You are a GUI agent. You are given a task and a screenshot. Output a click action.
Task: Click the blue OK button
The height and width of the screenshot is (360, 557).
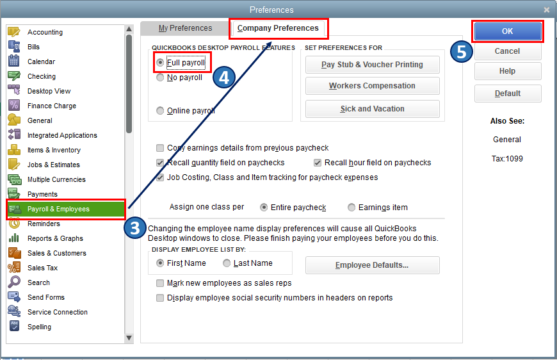tap(507, 31)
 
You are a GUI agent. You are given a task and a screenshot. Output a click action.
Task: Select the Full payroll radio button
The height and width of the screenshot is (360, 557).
tap(160, 63)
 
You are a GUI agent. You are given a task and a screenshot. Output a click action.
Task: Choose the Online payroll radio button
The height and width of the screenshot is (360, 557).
tap(160, 111)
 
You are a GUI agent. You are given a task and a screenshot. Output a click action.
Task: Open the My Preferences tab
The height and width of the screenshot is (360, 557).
tap(185, 28)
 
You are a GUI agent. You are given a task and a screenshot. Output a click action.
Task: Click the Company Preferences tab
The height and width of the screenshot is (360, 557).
tap(278, 28)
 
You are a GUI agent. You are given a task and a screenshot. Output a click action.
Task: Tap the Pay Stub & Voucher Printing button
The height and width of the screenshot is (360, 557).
tap(372, 65)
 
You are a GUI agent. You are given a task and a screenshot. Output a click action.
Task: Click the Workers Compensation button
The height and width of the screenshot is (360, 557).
tap(372, 86)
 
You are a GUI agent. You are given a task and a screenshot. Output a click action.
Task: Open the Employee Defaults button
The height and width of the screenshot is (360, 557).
tap(372, 265)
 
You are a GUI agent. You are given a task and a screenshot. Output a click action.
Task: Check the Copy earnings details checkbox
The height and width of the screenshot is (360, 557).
tap(160, 148)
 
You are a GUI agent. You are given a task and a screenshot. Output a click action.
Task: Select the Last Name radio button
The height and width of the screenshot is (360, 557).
tap(227, 263)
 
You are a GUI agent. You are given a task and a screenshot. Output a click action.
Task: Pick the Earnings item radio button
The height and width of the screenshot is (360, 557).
tap(351, 207)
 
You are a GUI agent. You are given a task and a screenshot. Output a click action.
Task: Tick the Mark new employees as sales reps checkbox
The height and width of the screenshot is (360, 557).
tap(160, 283)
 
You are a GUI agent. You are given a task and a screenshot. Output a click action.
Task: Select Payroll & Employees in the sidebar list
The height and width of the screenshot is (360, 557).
tap(66, 209)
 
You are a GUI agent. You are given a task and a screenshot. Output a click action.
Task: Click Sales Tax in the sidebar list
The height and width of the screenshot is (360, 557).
tap(42, 268)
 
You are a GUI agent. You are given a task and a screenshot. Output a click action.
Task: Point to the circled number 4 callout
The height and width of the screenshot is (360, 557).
tap(224, 78)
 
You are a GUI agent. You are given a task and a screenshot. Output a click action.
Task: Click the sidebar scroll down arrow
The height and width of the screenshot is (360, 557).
tap(129, 338)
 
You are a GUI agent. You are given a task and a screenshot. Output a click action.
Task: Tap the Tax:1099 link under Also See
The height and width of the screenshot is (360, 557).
tap(507, 159)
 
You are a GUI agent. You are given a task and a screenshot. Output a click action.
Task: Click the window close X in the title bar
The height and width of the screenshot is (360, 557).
tap(546, 10)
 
